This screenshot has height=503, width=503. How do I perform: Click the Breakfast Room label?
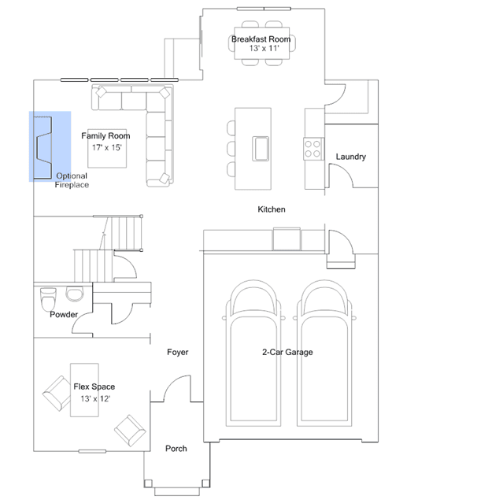tap(261, 39)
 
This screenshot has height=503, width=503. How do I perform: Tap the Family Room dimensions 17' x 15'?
tap(107, 147)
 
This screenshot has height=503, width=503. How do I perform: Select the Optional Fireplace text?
tap(72, 180)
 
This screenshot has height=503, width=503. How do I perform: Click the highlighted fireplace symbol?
tap(43, 147)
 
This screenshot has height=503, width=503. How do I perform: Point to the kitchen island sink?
tap(261, 149)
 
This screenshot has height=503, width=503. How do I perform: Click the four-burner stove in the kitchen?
tap(313, 149)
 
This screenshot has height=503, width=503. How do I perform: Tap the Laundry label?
tap(350, 157)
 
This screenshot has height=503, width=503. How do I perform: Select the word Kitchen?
tap(272, 209)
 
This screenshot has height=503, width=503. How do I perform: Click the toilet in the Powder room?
tap(48, 299)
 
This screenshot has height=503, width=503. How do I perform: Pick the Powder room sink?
tap(75, 294)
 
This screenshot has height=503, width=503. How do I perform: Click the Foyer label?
tap(177, 352)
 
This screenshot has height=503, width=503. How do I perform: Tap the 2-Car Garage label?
tap(287, 352)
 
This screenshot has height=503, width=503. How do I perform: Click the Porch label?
tap(176, 449)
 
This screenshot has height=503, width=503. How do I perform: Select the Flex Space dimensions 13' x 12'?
tap(95, 399)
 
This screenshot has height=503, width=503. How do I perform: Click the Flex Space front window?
tap(92, 451)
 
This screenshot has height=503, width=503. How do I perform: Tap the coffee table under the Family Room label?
tap(107, 148)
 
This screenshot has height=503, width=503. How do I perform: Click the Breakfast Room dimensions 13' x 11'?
tap(264, 49)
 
